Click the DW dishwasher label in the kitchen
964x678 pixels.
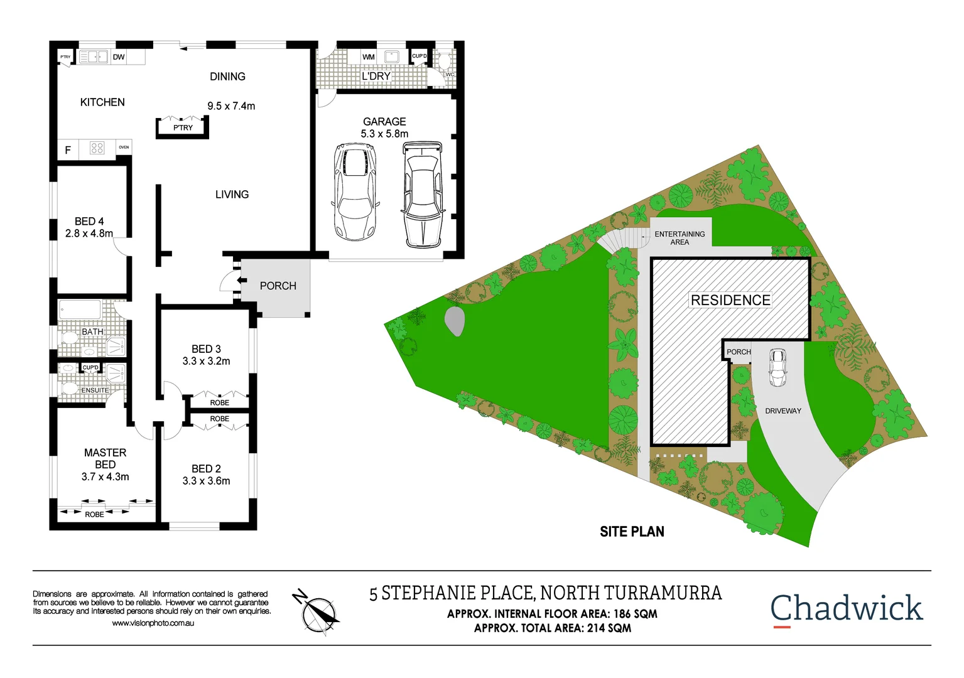tap(119, 57)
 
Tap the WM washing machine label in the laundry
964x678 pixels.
tap(369, 57)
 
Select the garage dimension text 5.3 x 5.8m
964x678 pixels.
tap(384, 134)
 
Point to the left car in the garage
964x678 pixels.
tap(355, 191)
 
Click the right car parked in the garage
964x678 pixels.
tap(422, 193)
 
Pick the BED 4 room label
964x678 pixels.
tap(89, 222)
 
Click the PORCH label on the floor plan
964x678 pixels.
tap(278, 286)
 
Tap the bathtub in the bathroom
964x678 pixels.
tap(80, 310)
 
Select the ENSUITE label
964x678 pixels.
tap(95, 390)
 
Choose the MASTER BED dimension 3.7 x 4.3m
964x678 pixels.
tap(105, 477)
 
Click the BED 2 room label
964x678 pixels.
tap(206, 469)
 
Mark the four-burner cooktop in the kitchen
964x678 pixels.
tap(97, 148)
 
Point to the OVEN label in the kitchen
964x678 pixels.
tap(124, 148)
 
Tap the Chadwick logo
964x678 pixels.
tap(846, 609)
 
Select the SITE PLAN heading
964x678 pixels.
tap(632, 532)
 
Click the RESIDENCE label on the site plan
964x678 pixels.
tap(730, 300)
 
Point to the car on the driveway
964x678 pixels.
tap(777, 368)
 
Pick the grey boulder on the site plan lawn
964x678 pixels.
tap(455, 321)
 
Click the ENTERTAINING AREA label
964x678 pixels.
tap(680, 238)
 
